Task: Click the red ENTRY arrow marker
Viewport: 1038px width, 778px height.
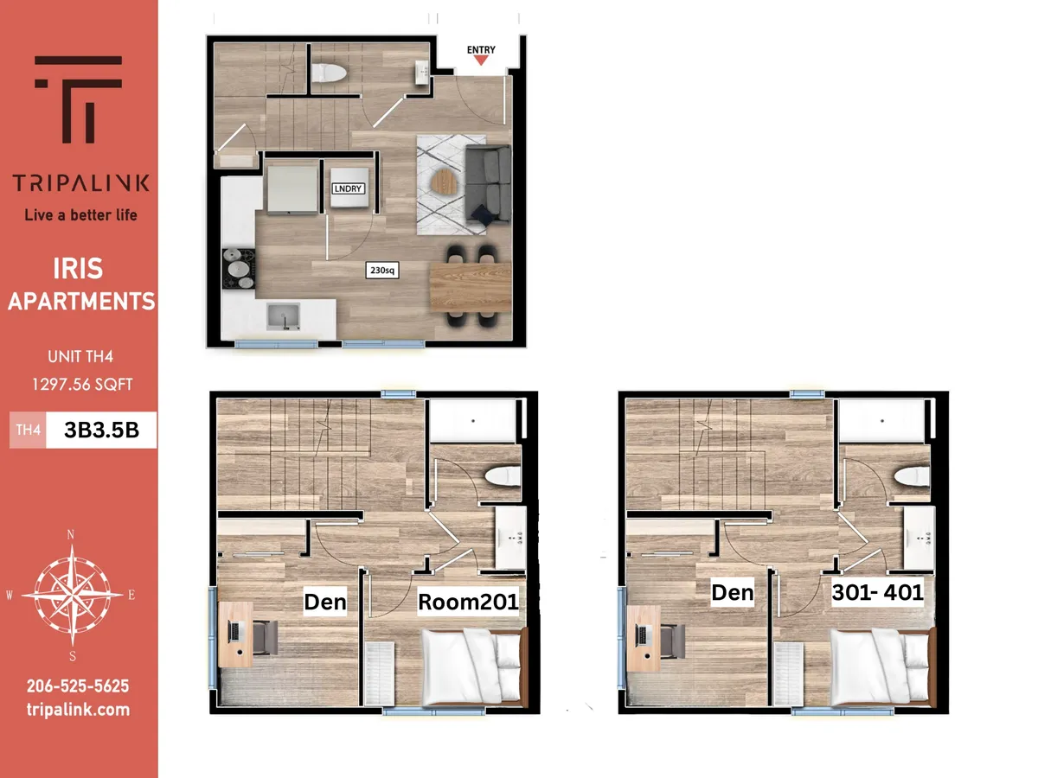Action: [x=481, y=61]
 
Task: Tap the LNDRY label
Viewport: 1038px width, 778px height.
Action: [x=348, y=188]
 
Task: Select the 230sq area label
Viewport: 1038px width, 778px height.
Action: [x=382, y=271]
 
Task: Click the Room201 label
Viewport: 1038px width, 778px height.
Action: [x=468, y=602]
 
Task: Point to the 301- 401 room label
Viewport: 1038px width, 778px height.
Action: [x=877, y=592]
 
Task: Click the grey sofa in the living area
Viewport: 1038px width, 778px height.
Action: [x=489, y=184]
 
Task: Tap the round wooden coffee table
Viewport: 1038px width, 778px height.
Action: [x=444, y=182]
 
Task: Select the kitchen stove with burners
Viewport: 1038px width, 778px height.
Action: [x=239, y=268]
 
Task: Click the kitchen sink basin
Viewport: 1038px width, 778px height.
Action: [x=283, y=316]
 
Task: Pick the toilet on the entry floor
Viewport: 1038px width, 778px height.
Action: [x=330, y=73]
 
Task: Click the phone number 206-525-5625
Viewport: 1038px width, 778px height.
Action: [x=78, y=686]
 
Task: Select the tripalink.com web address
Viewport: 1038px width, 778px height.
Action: [x=78, y=710]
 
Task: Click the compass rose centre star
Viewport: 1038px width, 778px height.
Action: [x=72, y=595]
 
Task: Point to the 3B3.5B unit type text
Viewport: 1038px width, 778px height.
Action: [x=102, y=430]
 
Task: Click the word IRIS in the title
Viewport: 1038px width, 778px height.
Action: [x=78, y=269]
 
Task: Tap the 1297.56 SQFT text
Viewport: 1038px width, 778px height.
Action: [x=82, y=385]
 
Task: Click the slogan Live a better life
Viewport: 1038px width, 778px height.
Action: [x=80, y=215]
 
